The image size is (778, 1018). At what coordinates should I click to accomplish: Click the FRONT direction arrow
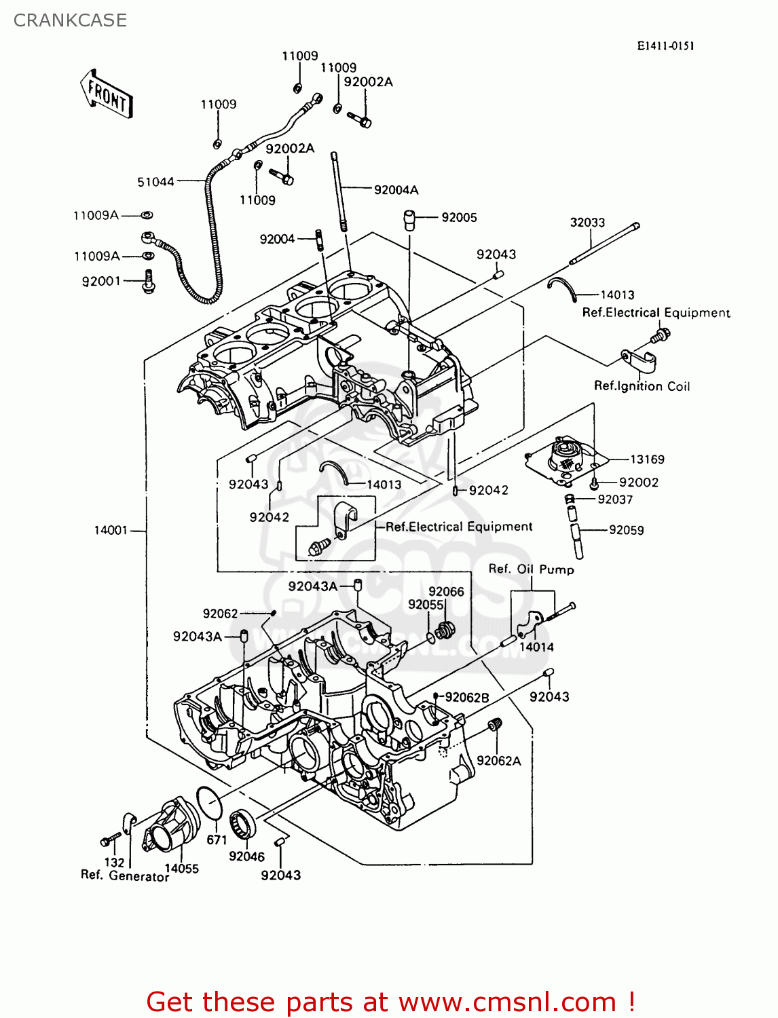106,94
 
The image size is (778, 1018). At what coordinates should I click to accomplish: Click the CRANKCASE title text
70,20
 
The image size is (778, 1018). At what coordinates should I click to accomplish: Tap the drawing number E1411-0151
665,46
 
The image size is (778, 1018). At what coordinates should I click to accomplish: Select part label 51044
155,182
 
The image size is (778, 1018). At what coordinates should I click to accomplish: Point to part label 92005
459,218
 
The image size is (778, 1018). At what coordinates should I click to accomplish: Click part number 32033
587,223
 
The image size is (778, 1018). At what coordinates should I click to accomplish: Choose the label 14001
111,530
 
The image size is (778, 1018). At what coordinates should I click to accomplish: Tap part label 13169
647,459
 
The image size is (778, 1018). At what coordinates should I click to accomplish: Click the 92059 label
627,530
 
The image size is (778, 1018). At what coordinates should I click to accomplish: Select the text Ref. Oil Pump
531,569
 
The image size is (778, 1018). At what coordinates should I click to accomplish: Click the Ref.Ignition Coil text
642,386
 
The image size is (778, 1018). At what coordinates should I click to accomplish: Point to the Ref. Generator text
125,875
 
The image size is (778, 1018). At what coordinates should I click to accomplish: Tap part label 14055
181,869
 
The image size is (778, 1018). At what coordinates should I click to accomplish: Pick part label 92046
246,856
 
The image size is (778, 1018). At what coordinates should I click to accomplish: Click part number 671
217,840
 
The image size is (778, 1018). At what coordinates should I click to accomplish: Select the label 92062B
466,698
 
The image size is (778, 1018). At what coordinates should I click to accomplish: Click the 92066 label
446,591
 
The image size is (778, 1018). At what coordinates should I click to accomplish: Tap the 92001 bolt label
101,281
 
